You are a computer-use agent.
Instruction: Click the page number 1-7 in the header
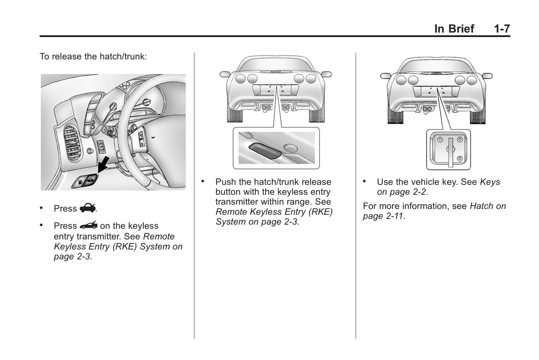pos(502,29)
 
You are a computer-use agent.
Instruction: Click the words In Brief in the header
pos(454,29)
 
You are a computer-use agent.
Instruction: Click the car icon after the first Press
pos(88,208)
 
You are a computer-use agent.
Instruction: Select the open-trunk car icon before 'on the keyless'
pos(88,225)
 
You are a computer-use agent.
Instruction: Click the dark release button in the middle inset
pos(264,151)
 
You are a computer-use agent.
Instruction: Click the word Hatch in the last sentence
pos(482,206)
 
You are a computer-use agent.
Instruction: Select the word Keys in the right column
pos(490,182)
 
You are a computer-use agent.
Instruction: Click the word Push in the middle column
pos(226,182)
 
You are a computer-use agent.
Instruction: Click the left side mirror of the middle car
pos(225,74)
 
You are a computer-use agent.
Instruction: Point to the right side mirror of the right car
pos(487,76)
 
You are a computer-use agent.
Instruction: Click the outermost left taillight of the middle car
pos(241,79)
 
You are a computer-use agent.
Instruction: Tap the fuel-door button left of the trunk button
pos(80,183)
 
